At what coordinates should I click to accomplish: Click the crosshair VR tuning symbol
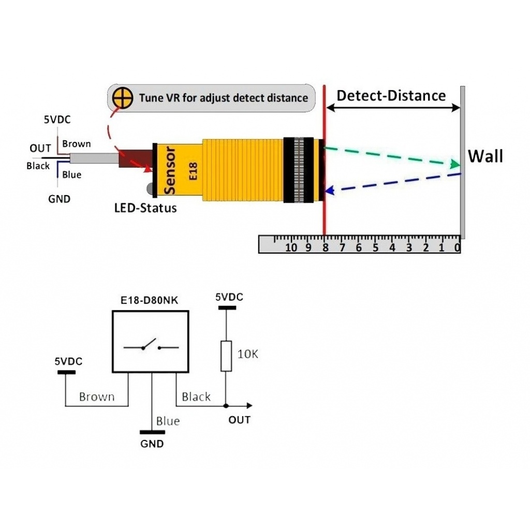click(x=123, y=97)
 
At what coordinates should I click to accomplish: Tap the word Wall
click(x=485, y=156)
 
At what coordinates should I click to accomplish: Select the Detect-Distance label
click(x=391, y=96)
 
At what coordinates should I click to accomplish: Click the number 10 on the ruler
click(x=291, y=247)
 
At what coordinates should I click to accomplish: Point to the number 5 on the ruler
click(x=375, y=247)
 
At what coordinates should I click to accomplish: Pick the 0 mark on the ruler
click(x=457, y=247)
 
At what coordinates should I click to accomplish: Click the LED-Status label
click(x=145, y=208)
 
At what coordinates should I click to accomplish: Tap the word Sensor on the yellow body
click(x=170, y=171)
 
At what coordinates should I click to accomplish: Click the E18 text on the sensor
click(x=193, y=170)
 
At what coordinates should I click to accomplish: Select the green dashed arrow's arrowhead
click(x=455, y=165)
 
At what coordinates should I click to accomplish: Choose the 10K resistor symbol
click(x=226, y=356)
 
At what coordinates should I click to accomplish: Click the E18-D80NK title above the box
click(x=150, y=302)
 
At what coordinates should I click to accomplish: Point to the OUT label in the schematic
click(x=239, y=420)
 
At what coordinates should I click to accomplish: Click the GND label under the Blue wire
click(x=152, y=444)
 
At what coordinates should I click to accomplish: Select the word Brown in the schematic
click(x=96, y=397)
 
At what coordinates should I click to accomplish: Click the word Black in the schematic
click(x=196, y=397)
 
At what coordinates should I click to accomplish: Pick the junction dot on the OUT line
click(x=226, y=405)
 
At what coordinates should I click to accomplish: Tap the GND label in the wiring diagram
click(x=59, y=199)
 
